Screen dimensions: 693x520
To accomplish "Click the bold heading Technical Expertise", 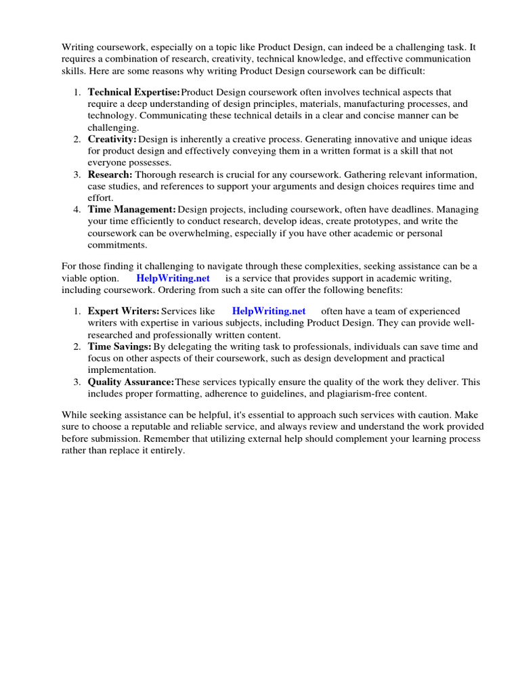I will click(x=133, y=91).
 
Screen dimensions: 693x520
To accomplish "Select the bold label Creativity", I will click(x=112, y=139).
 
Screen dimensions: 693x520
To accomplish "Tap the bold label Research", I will click(x=110, y=174).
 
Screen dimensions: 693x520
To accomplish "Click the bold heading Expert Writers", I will click(x=123, y=311).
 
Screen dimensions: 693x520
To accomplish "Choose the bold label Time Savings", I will click(x=119, y=346).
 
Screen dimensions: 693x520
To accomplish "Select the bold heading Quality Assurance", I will click(x=131, y=382).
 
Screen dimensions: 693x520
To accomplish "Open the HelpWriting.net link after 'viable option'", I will click(x=173, y=278).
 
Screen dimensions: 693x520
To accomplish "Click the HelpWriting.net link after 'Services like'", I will click(x=269, y=311).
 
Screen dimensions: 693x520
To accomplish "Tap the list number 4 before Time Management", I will click(x=77, y=210).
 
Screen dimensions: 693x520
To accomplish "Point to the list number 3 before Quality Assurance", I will click(x=77, y=382).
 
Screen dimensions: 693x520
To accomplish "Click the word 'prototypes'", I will click(x=366, y=221).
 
